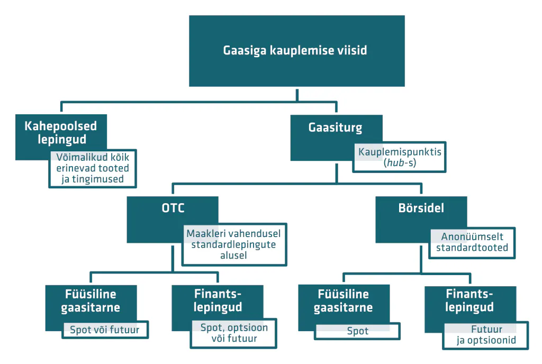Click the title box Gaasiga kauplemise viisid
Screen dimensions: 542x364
296,51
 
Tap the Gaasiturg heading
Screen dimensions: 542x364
335,128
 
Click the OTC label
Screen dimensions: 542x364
173,208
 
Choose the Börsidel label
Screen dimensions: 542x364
421,208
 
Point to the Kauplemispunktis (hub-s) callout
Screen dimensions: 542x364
399,157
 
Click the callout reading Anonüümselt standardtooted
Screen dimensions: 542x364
472,243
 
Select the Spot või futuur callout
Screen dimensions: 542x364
105,330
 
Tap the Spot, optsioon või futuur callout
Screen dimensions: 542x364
233,333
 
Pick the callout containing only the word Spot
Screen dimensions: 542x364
357,331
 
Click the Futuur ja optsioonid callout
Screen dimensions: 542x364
486,335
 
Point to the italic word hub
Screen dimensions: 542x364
395,162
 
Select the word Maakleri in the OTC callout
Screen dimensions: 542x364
205,233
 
